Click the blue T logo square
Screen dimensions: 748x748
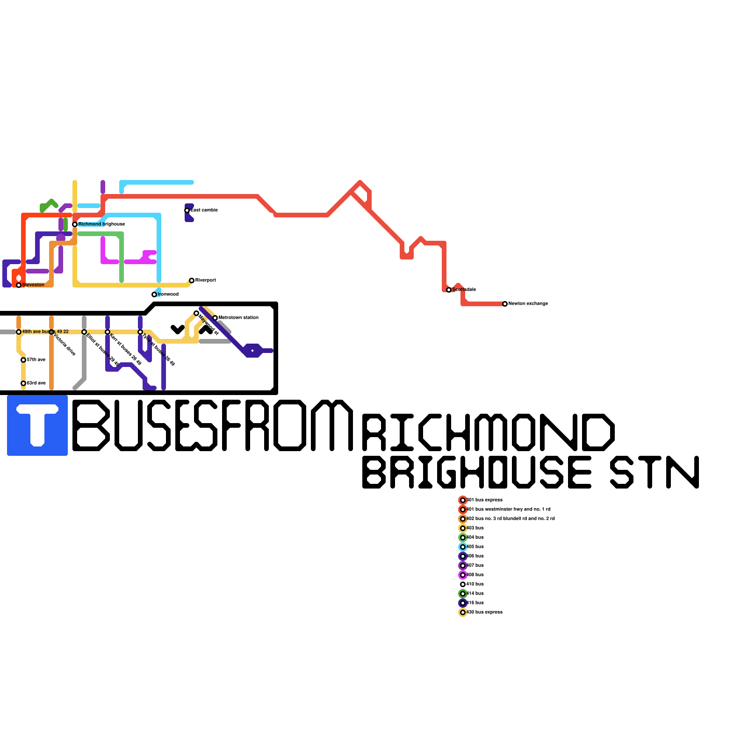pos(37,425)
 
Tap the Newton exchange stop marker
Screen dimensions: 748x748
pos(505,304)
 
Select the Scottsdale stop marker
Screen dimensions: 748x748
pos(449,290)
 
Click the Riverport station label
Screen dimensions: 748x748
pos(205,280)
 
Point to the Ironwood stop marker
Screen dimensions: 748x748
pos(154,295)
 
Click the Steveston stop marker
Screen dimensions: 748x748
pos(19,285)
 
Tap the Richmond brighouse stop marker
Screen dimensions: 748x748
pos(75,224)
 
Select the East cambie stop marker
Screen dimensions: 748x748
pos(187,210)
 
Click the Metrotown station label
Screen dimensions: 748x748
pos(238,318)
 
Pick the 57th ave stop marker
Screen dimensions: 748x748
pos(23,360)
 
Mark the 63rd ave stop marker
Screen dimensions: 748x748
pos(23,383)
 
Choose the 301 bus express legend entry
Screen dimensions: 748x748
pos(484,500)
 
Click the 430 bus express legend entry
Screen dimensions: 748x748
pos(484,612)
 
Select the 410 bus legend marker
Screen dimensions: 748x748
pos(463,584)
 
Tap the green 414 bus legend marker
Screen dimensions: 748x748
pos(463,594)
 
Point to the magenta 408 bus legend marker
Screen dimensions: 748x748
pos(463,575)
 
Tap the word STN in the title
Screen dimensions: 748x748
pos(654,472)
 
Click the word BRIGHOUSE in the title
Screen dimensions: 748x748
pos(477,472)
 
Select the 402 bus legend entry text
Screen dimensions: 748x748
pos(511,519)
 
